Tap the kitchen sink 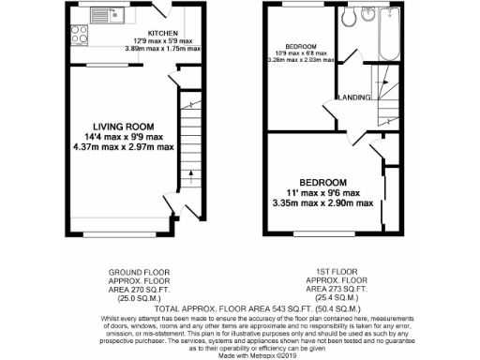coord(112,14)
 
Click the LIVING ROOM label coord(123,126)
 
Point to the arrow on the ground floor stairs coord(189,174)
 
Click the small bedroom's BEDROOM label coord(301,46)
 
